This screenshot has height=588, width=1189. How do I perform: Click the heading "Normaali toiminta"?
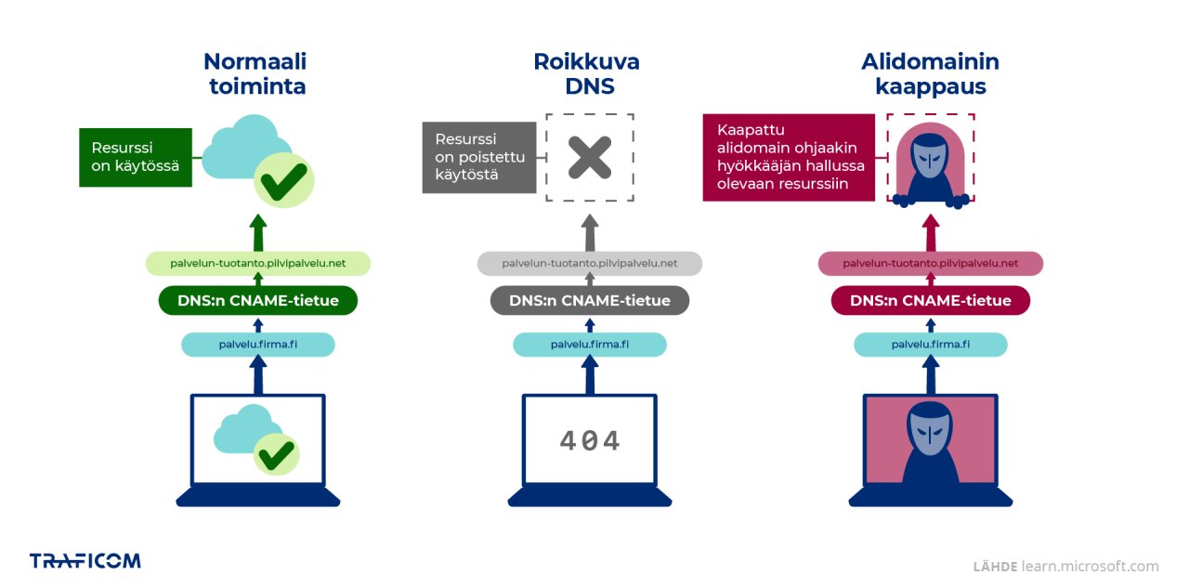pos(255,74)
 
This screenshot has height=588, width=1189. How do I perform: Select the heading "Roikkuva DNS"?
pos(586,74)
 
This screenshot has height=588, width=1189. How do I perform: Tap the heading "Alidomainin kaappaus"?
pos(930,74)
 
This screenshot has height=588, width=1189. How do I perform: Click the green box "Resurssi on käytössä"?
pos(135,157)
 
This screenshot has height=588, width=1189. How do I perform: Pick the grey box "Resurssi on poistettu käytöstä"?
pos(479,157)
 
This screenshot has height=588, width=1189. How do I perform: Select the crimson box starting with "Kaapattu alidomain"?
pos(790,157)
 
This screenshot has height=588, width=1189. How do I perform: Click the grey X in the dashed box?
pos(590,158)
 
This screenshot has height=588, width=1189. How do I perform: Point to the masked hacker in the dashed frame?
pos(930,163)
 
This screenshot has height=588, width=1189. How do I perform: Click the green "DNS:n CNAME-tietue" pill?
pos(257,301)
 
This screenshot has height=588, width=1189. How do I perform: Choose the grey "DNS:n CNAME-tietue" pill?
pos(589,301)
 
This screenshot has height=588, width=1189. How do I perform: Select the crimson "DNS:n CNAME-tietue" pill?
pos(931,301)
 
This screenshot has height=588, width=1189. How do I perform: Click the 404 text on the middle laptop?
pos(589,440)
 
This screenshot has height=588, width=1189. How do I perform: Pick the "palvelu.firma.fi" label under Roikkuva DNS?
pos(589,345)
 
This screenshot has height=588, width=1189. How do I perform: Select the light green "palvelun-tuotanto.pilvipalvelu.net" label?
pos(257,264)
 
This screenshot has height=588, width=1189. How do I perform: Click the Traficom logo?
pos(85,560)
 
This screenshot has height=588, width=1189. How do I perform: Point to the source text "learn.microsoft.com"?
pos(1090,566)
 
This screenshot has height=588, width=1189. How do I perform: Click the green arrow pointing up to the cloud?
pos(258,232)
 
